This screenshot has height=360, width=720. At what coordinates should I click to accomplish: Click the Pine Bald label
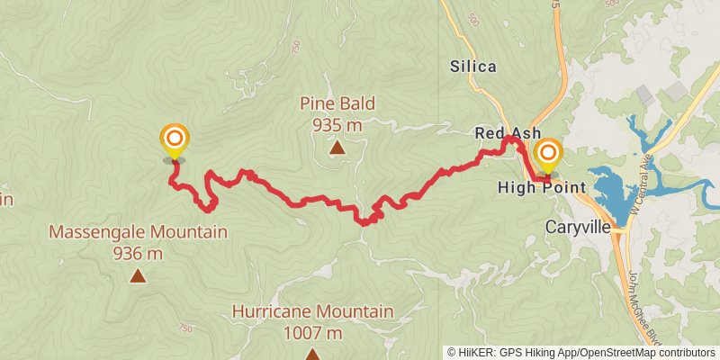pyautogui.click(x=337, y=103)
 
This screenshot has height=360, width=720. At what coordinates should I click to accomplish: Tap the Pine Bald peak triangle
pyautogui.click(x=337, y=148)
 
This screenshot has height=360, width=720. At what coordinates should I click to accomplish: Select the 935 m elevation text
pyautogui.click(x=337, y=125)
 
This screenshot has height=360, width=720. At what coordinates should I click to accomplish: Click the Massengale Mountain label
pyautogui.click(x=138, y=232)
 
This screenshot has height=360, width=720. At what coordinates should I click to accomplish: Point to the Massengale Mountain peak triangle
pyautogui.click(x=138, y=276)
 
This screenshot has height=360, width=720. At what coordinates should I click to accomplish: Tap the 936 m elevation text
pyautogui.click(x=138, y=254)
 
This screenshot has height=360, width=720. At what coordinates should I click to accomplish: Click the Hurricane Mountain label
pyautogui.click(x=312, y=311)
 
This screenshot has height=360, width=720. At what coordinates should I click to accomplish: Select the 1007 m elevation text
pyautogui.click(x=312, y=333)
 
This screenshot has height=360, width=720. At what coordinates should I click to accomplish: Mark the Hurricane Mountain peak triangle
pyautogui.click(x=312, y=355)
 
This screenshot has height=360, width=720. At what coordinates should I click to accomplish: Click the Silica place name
pyautogui.click(x=473, y=66)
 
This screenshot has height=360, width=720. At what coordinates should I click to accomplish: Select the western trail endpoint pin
pyautogui.click(x=174, y=140)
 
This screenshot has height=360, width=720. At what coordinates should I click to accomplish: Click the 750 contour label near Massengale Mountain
pyautogui.click(x=186, y=328)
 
